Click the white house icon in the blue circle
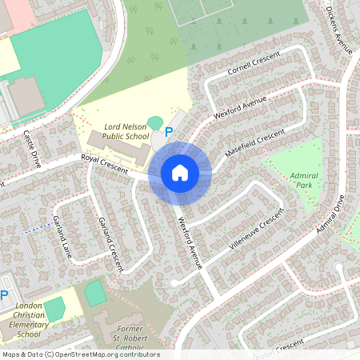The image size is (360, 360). (180, 173)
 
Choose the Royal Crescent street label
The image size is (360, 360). (104, 164)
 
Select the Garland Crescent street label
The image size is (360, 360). (110, 243)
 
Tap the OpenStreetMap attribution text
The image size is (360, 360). (80, 354)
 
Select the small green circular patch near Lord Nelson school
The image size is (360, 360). (154, 122)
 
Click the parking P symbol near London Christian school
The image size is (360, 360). (4, 295)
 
